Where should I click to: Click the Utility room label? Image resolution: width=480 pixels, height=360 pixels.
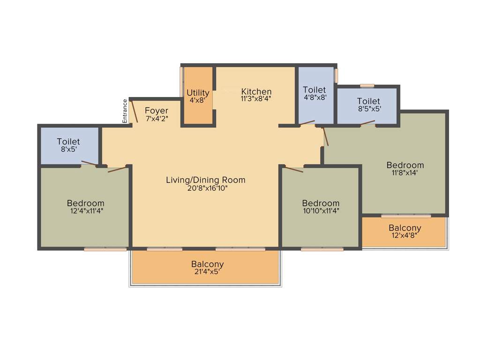pos(198,93)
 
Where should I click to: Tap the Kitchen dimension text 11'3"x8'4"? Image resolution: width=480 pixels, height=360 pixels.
pos(256,99)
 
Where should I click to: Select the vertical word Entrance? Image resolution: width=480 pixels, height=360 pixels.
pos(125,111)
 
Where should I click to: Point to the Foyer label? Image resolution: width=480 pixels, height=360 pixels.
pos(157,111)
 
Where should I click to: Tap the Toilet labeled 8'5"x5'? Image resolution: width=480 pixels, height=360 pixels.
pos(368,104)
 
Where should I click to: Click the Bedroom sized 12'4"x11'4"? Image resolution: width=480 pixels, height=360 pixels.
pos(85,206)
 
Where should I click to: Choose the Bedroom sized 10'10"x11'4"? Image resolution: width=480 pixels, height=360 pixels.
pos(321,206)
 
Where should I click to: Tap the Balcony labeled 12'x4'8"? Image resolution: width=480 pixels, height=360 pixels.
pos(405,231)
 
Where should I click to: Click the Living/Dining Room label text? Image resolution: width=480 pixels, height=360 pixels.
pos(205,180)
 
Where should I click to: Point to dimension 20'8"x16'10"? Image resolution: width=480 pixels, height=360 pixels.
pos(205,188)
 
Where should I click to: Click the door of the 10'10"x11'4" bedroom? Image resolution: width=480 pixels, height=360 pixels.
pos(294,169)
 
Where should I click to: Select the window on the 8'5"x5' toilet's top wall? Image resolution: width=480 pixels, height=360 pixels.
pos(367,86)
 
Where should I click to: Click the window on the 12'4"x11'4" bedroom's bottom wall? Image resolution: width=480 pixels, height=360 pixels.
pos(105,249)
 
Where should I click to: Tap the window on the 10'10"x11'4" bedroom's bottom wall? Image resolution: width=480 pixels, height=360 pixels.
pos(322,249)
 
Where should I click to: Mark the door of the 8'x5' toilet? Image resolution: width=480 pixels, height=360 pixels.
pos(89,164)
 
